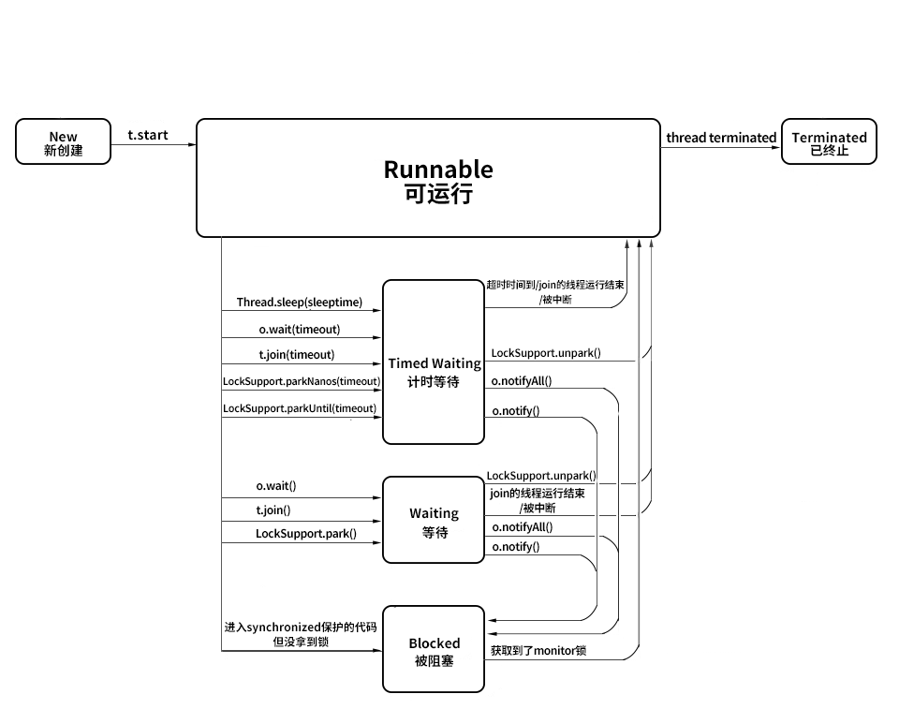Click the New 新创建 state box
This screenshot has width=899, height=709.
pyautogui.click(x=63, y=142)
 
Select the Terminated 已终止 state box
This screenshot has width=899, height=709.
pyautogui.click(x=829, y=142)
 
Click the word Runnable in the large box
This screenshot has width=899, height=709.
pyautogui.click(x=437, y=170)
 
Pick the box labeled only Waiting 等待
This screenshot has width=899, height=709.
pyautogui.click(x=434, y=521)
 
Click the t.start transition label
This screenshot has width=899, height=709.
pyautogui.click(x=148, y=135)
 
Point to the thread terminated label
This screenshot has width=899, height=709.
pyautogui.click(x=721, y=138)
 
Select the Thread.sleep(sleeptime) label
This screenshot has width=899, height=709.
pyautogui.click(x=299, y=303)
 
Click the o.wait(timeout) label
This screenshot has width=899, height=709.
pyautogui.click(x=300, y=330)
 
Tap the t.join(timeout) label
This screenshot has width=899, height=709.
pyautogui.click(x=297, y=355)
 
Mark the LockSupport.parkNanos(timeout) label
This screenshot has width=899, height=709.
pyautogui.click(x=302, y=381)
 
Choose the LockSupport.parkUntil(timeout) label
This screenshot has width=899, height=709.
pyautogui.click(x=300, y=408)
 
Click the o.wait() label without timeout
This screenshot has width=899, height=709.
pyautogui.click(x=276, y=486)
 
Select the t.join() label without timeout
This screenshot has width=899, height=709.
pyautogui.click(x=273, y=510)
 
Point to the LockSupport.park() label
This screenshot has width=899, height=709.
pyautogui.click(x=305, y=534)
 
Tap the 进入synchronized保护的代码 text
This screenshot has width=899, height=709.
pyautogui.click(x=300, y=627)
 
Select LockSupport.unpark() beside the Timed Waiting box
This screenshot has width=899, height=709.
pyautogui.click(x=546, y=354)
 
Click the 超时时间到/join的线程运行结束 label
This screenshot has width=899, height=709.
pyautogui.click(x=555, y=285)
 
